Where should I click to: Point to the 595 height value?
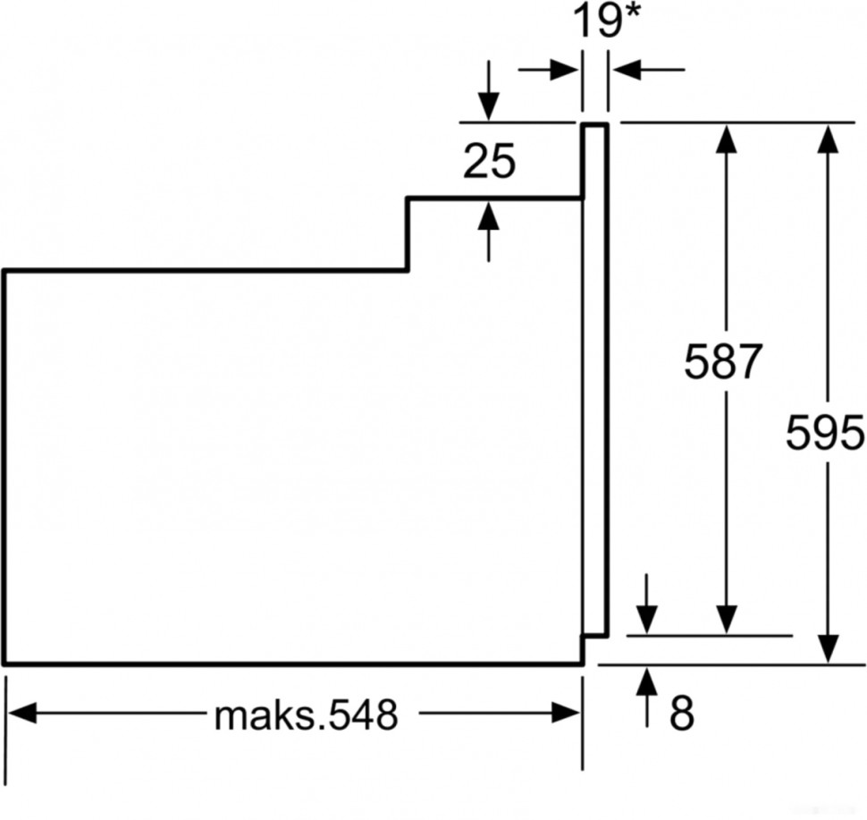coord(824,435)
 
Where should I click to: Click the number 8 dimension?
coord(681,713)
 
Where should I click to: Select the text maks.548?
coord(305,715)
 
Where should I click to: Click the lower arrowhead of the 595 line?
coord(829,647)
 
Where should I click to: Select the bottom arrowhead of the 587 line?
coord(726,619)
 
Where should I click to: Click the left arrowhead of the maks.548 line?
coord(21,713)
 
